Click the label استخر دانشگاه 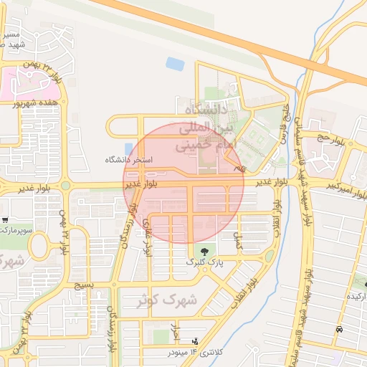(130, 160)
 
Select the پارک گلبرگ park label (205, 263)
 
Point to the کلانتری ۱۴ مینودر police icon (194, 342)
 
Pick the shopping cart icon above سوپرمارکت (6, 220)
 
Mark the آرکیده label (357, 296)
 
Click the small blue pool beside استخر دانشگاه (128, 148)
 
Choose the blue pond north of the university (175, 64)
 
